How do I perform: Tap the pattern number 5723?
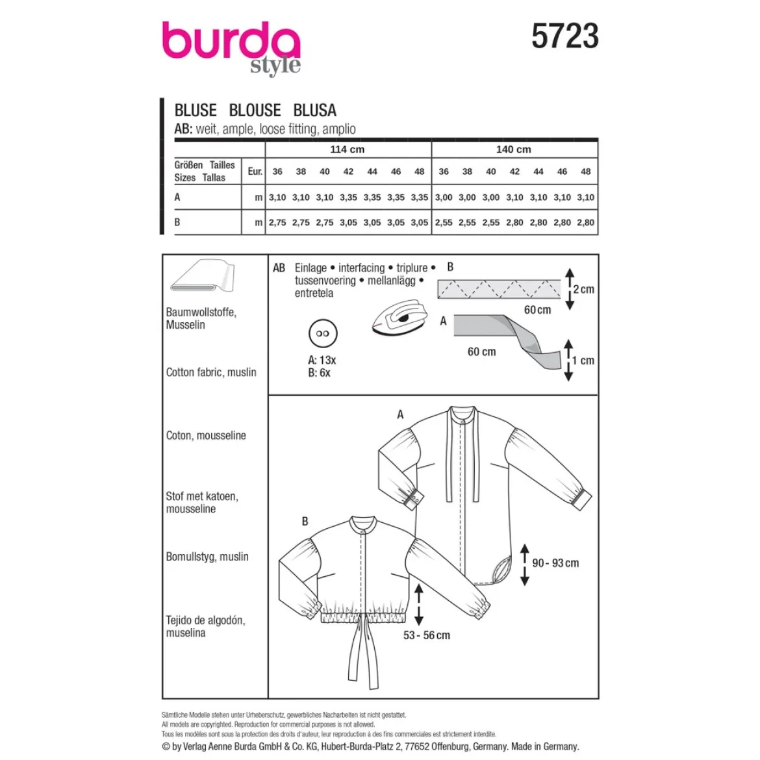[564, 36]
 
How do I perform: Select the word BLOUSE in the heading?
[255, 110]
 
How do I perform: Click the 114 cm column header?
[348, 149]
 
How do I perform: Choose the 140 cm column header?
[513, 149]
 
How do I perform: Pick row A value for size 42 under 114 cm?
[348, 197]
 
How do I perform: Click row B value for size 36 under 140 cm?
[444, 222]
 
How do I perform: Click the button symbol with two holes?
[323, 333]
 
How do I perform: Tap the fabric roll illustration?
[203, 275]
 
